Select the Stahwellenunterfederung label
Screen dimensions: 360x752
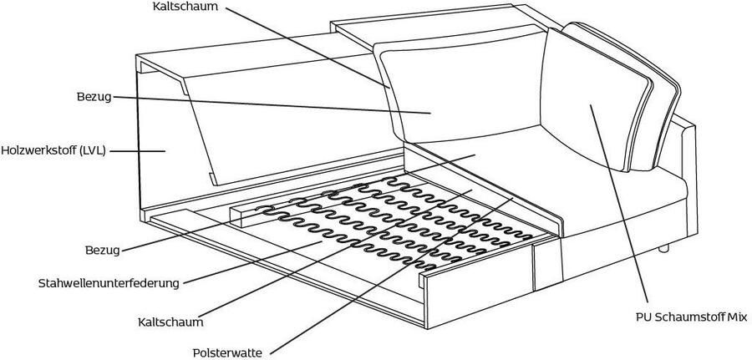pyautogui.click(x=109, y=283)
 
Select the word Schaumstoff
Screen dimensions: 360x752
pyautogui.click(x=692, y=317)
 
